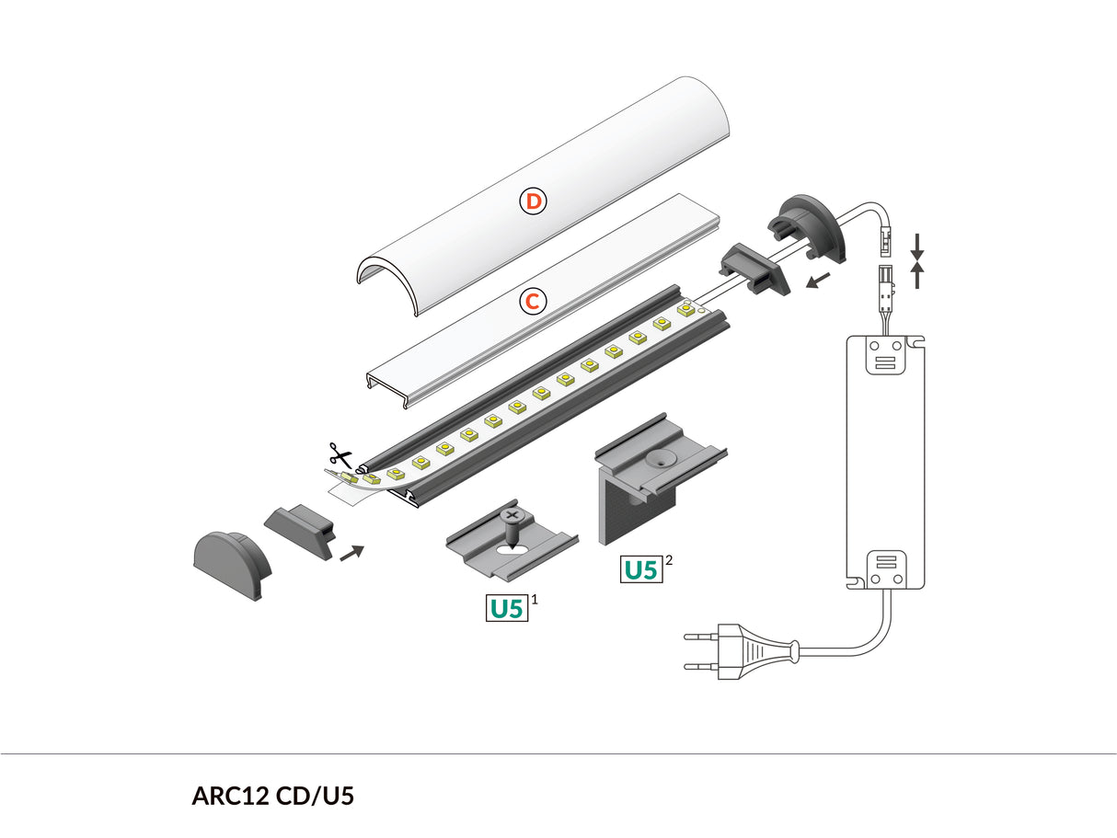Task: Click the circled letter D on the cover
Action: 534,201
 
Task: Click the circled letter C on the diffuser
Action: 532,301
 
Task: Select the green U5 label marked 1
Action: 507,608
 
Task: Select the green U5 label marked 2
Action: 641,569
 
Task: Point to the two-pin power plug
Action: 737,649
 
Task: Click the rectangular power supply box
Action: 886,460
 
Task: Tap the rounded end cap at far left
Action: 232,564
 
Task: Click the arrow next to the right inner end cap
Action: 817,278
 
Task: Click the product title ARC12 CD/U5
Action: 272,796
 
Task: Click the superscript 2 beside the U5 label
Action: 669,559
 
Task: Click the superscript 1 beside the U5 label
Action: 535,599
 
